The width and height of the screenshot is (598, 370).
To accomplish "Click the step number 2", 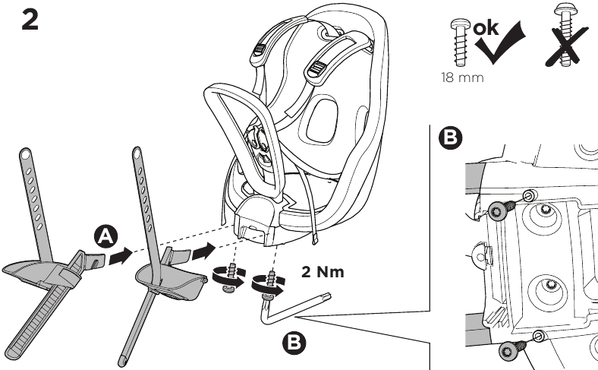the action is (x=30, y=20).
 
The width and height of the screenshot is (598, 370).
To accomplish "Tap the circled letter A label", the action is (x=105, y=237).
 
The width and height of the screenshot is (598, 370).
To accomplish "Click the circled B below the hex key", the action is (x=294, y=343).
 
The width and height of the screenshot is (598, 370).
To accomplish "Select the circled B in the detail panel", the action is (x=451, y=138).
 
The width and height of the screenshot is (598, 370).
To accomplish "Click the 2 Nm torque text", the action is (x=323, y=272).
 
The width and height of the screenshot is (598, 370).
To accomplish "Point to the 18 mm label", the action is (x=462, y=77).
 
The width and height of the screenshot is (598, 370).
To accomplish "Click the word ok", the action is (x=486, y=28).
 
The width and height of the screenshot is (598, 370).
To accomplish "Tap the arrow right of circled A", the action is (x=121, y=255).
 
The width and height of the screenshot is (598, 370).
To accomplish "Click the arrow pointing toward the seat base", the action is (x=203, y=251).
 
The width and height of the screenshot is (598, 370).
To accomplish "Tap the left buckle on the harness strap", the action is (x=260, y=49).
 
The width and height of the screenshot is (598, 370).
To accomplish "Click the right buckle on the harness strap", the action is (x=316, y=68).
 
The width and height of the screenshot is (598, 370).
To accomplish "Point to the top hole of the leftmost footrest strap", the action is (x=25, y=155).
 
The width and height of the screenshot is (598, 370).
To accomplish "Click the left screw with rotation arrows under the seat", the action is (x=230, y=277).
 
